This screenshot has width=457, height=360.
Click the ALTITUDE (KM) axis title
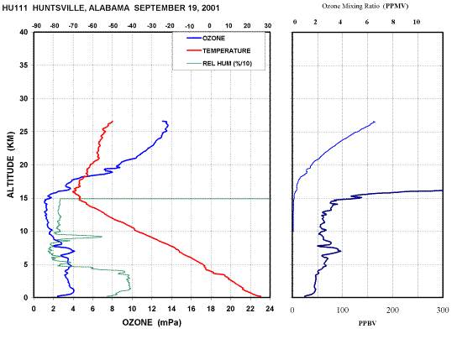coord(10,164)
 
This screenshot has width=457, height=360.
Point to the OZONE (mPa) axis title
coord(151,322)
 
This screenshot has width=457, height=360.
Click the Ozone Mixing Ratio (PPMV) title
coord(365,6)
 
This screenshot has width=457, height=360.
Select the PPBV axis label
coord(367,323)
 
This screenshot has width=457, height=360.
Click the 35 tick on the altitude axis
coord(24,65)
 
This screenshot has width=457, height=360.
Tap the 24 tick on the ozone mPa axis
coord(270,309)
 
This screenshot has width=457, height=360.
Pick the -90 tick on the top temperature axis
coord(36,26)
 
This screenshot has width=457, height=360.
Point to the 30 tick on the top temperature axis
coord(268,26)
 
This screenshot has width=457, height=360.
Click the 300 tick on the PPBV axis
coord(443,310)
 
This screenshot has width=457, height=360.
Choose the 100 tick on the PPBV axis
coord(343,310)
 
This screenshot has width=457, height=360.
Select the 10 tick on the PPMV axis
coord(417,22)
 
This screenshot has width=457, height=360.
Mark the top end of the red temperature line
coord(113,122)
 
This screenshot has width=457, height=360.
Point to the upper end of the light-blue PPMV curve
coord(375,122)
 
